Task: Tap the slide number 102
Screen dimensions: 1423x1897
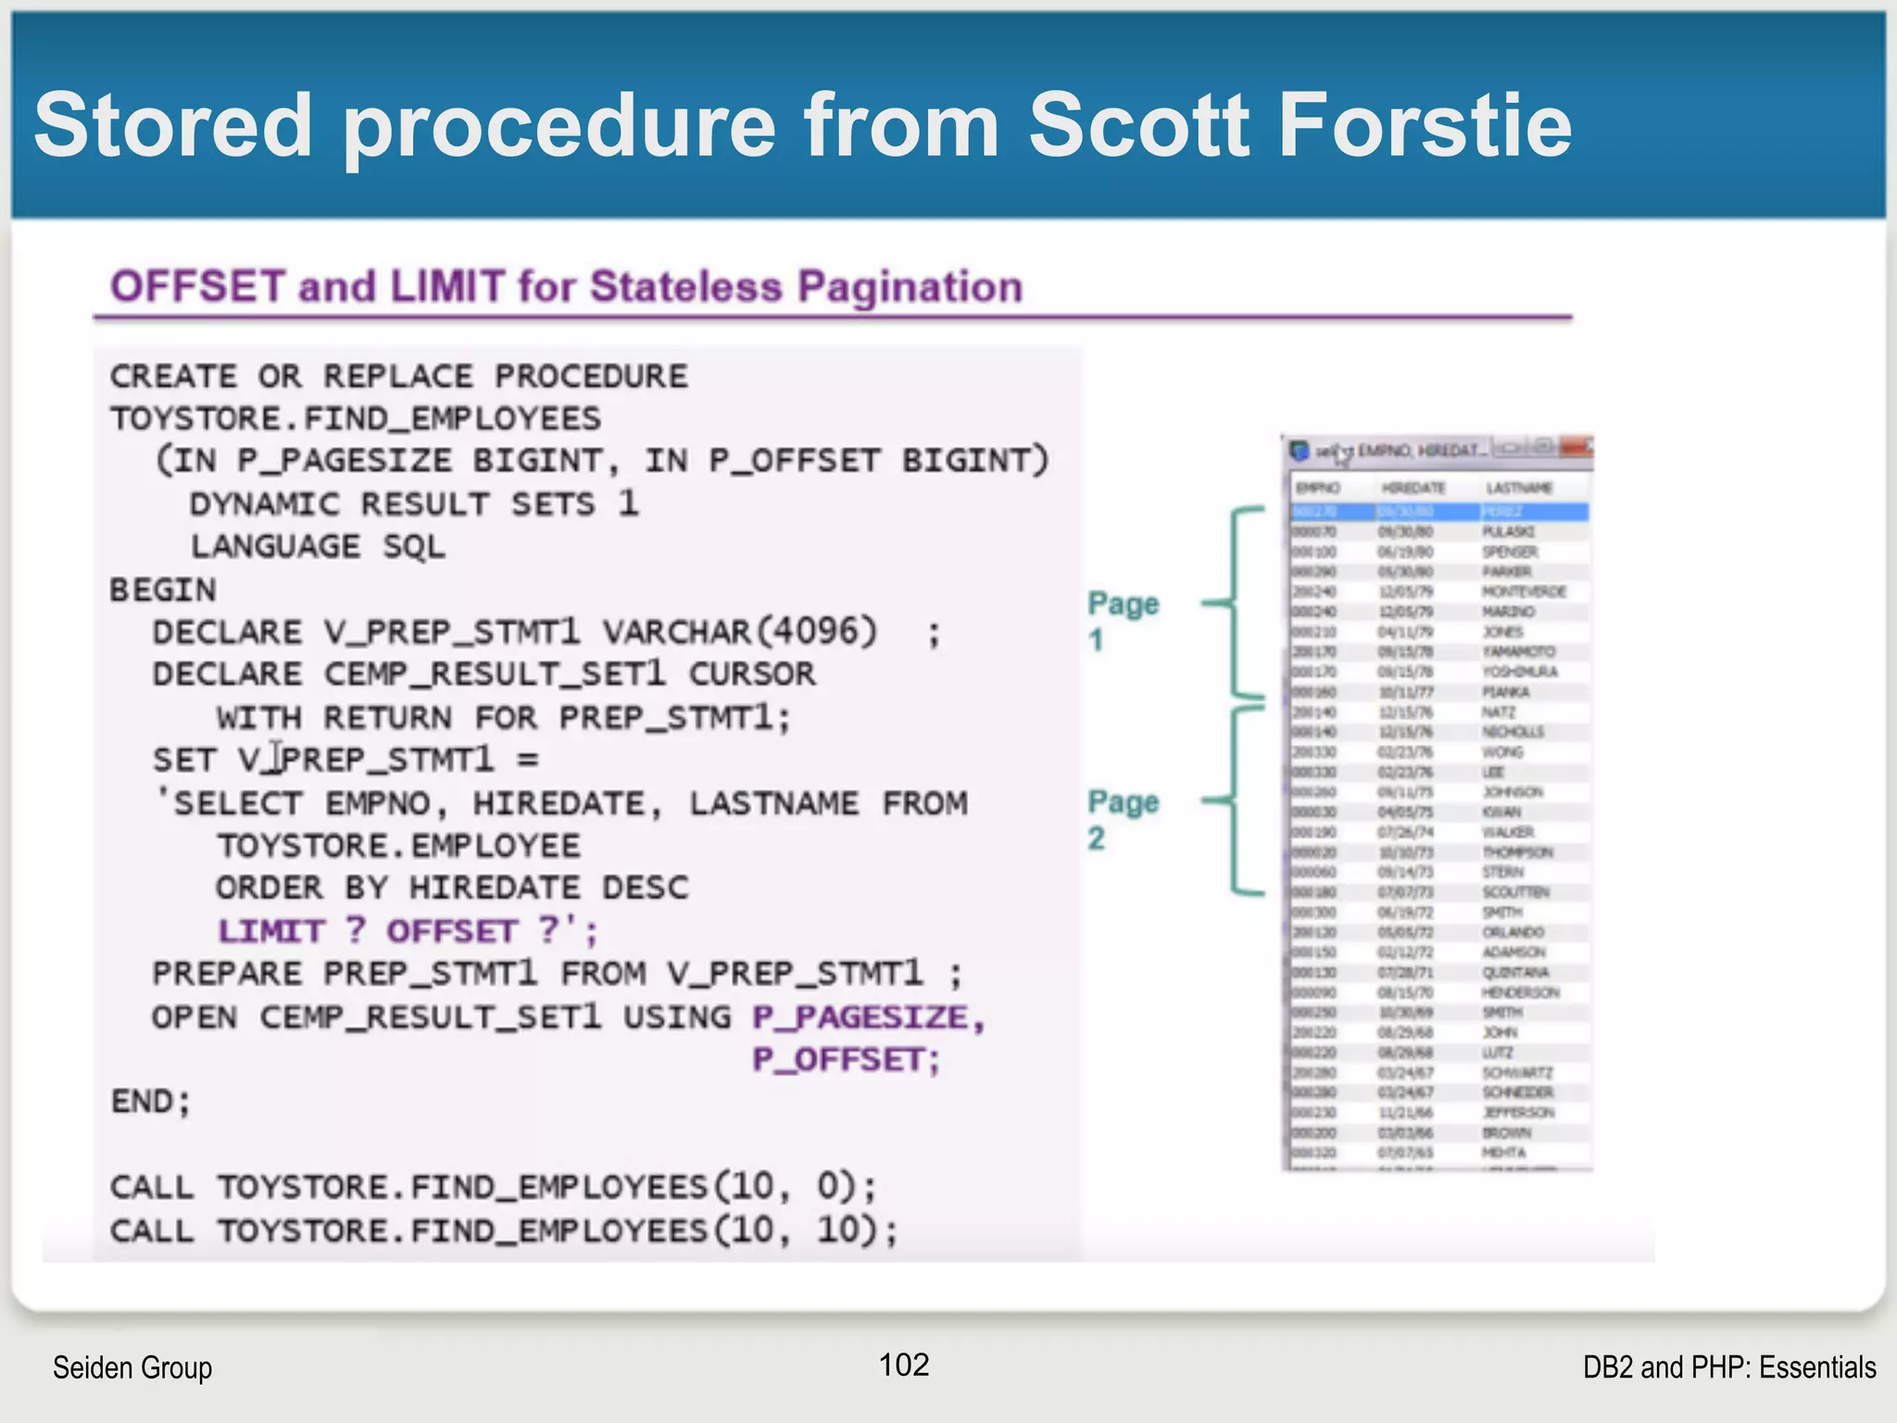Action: pos(903,1365)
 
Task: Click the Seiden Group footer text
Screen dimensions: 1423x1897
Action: pos(132,1367)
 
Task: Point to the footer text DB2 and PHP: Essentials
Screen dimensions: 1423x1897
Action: pos(1728,1367)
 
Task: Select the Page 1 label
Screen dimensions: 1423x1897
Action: pos(1122,621)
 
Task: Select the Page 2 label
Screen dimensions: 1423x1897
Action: pos(1122,819)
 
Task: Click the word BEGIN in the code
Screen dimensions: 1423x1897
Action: pos(163,590)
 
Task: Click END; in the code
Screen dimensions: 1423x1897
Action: pos(150,1102)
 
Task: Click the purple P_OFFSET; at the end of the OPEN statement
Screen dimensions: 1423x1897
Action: pos(846,1060)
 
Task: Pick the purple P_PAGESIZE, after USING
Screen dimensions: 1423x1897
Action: pos(868,1017)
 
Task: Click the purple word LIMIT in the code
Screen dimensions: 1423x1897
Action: pos(271,930)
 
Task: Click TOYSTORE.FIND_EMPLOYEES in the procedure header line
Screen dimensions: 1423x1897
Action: pos(356,419)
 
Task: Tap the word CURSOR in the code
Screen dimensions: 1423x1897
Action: pos(751,674)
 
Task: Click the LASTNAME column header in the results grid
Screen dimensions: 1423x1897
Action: pos(1519,488)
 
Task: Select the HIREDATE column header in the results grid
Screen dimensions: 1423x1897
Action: pos(1413,488)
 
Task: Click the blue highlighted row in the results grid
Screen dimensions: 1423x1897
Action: pos(1439,511)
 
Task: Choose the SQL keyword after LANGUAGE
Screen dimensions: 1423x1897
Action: pos(414,547)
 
